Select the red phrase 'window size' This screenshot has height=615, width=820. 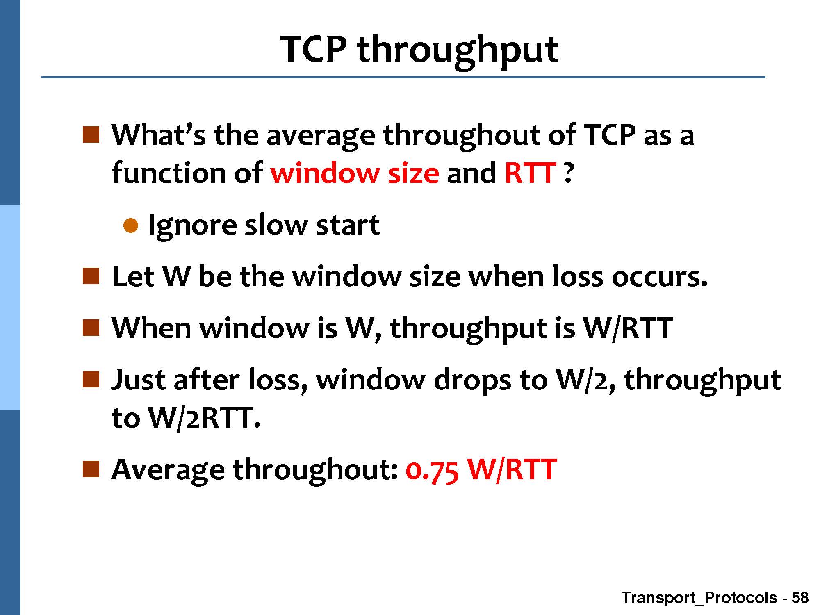click(355, 173)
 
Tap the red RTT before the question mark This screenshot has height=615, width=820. click(530, 173)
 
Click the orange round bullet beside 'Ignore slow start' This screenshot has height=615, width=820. click(131, 225)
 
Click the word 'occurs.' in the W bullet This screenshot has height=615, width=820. click(659, 277)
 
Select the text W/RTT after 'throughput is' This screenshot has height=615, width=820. click(627, 328)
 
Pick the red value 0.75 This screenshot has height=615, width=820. click(432, 469)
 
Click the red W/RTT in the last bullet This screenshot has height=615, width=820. click(512, 469)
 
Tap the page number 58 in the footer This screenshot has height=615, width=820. click(800, 598)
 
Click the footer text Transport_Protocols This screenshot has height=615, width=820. click(699, 598)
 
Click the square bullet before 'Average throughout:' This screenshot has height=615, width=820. click(91, 469)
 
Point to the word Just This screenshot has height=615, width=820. click(139, 379)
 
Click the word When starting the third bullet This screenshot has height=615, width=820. click(151, 328)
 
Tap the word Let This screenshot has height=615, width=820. click(133, 276)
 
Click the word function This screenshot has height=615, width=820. click(169, 173)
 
